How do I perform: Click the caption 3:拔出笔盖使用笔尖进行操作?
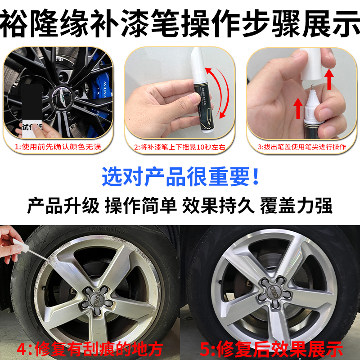[x=301, y=147]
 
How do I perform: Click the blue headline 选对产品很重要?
[x=180, y=176]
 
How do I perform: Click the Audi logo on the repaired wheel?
[x=275, y=290]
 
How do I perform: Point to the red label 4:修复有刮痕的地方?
[x=90, y=348]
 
